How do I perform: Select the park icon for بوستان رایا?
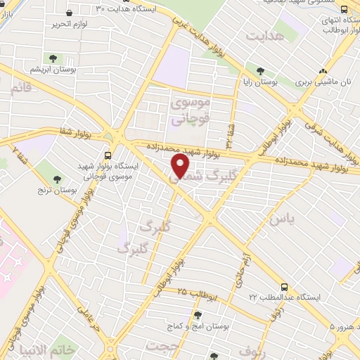click(x=260, y=70)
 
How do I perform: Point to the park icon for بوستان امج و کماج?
click(x=198, y=315)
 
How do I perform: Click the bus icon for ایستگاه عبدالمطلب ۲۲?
click(x=284, y=287)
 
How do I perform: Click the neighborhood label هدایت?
click(x=268, y=35)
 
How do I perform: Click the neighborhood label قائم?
click(x=22, y=89)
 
